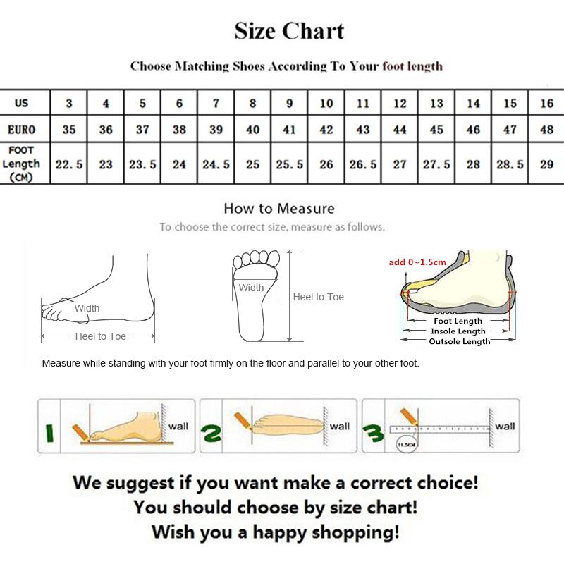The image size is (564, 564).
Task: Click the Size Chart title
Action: pyautogui.click(x=289, y=32)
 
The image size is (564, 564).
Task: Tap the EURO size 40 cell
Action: pyautogui.click(x=252, y=130)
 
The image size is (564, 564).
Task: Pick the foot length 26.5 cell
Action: pyautogui.click(x=363, y=164)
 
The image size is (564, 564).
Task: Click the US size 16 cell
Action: pyautogui.click(x=546, y=103)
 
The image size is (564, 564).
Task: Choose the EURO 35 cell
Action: pyautogui.click(x=69, y=130)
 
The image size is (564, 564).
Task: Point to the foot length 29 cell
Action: pyautogui.click(x=546, y=164)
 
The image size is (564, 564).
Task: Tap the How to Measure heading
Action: pyautogui.click(x=279, y=208)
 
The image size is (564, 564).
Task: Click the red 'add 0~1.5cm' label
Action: pyautogui.click(x=417, y=262)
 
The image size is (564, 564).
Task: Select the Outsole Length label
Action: pyautogui.click(x=459, y=341)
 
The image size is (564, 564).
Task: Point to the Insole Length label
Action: pyautogui.click(x=459, y=331)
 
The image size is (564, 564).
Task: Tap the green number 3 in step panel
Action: pyautogui.click(x=374, y=430)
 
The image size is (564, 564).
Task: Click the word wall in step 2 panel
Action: pyautogui.click(x=340, y=426)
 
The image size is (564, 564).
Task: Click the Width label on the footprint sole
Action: pyautogui.click(x=251, y=288)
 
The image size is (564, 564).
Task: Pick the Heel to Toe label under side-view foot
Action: pyautogui.click(x=100, y=336)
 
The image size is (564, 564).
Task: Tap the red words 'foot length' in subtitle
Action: pyautogui.click(x=412, y=66)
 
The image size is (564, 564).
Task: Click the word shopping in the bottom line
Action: pyautogui.click(x=352, y=530)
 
